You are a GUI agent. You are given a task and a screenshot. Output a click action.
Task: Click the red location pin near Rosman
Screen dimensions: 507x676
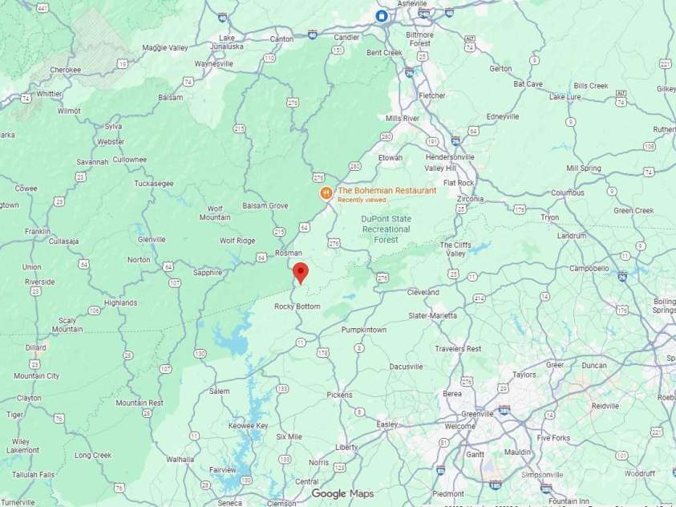[300, 272]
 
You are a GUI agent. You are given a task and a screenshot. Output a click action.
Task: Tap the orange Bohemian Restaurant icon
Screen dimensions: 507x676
[326, 193]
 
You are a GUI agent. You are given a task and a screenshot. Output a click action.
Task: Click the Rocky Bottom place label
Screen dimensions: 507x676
[297, 306]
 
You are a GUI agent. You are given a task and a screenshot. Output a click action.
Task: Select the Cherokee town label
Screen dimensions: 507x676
[66, 70]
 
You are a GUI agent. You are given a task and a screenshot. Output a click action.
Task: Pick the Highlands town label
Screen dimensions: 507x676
[120, 302]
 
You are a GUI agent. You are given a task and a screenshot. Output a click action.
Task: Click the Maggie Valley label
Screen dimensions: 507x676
[164, 47]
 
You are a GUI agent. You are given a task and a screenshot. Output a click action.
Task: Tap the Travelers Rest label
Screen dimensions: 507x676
[458, 349]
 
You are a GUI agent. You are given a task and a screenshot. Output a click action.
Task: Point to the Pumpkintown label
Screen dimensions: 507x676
[364, 330]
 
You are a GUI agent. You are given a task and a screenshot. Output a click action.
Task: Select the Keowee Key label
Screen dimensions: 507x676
[248, 425]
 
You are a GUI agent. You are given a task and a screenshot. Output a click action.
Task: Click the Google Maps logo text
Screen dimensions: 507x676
[342, 493]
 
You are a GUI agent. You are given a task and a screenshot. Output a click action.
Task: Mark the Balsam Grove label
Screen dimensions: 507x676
[265, 206]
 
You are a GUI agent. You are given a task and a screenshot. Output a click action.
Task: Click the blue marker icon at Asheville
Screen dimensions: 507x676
[382, 15]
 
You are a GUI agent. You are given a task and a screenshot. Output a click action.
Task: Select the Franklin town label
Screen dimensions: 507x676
[37, 231]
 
